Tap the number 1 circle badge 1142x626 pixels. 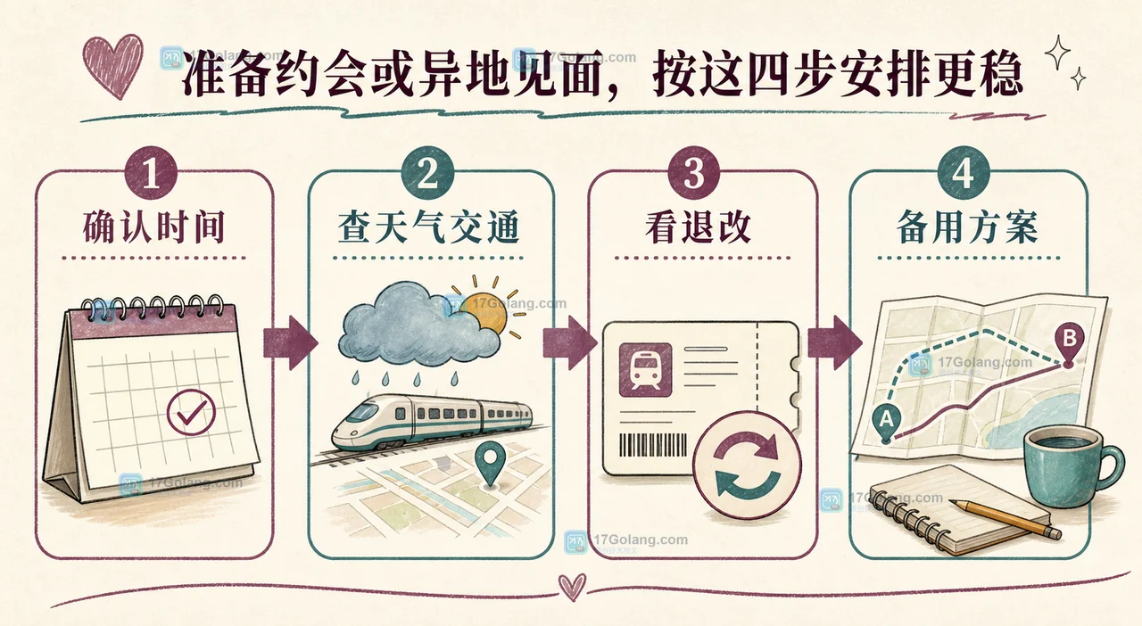pos(151,173)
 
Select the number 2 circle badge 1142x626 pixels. pos(427,173)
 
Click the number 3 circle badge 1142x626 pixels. pos(693,173)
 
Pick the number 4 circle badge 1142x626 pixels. pos(963,173)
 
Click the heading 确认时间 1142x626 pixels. pos(154,227)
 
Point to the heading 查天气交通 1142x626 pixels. pos(428,227)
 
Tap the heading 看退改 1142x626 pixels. pos(698,227)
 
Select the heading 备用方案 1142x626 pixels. pos(967,227)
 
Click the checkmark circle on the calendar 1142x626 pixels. pos(191,412)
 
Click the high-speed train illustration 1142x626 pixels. pos(432,422)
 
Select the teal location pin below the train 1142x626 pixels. pos(490,463)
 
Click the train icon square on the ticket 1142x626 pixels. pos(645,369)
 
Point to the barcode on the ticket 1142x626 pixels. pos(653,445)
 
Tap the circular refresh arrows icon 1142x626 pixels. pos(747,465)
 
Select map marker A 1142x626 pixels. pos(887,423)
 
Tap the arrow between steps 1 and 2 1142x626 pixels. pos(291,342)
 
